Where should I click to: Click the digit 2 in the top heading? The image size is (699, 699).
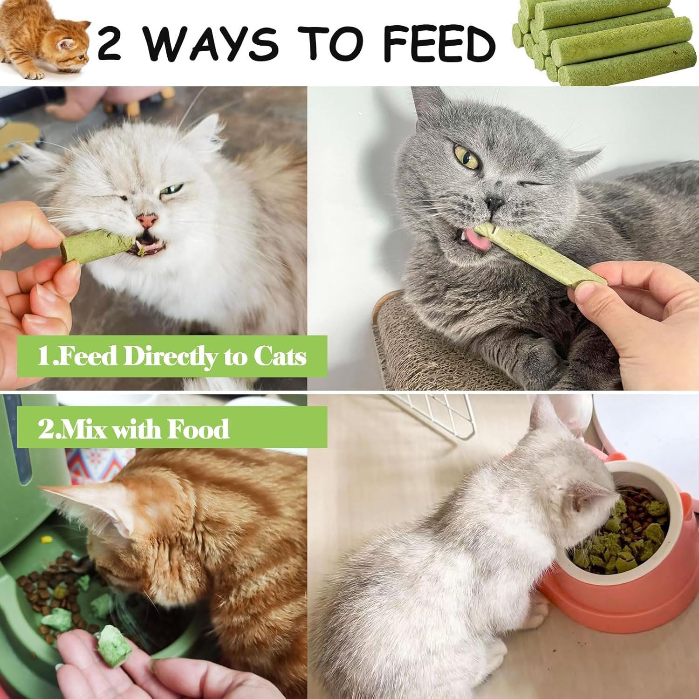[x=110, y=43]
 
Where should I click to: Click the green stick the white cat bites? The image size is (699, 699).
[x=98, y=245]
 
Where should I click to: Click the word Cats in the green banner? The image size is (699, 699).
[x=280, y=357]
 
